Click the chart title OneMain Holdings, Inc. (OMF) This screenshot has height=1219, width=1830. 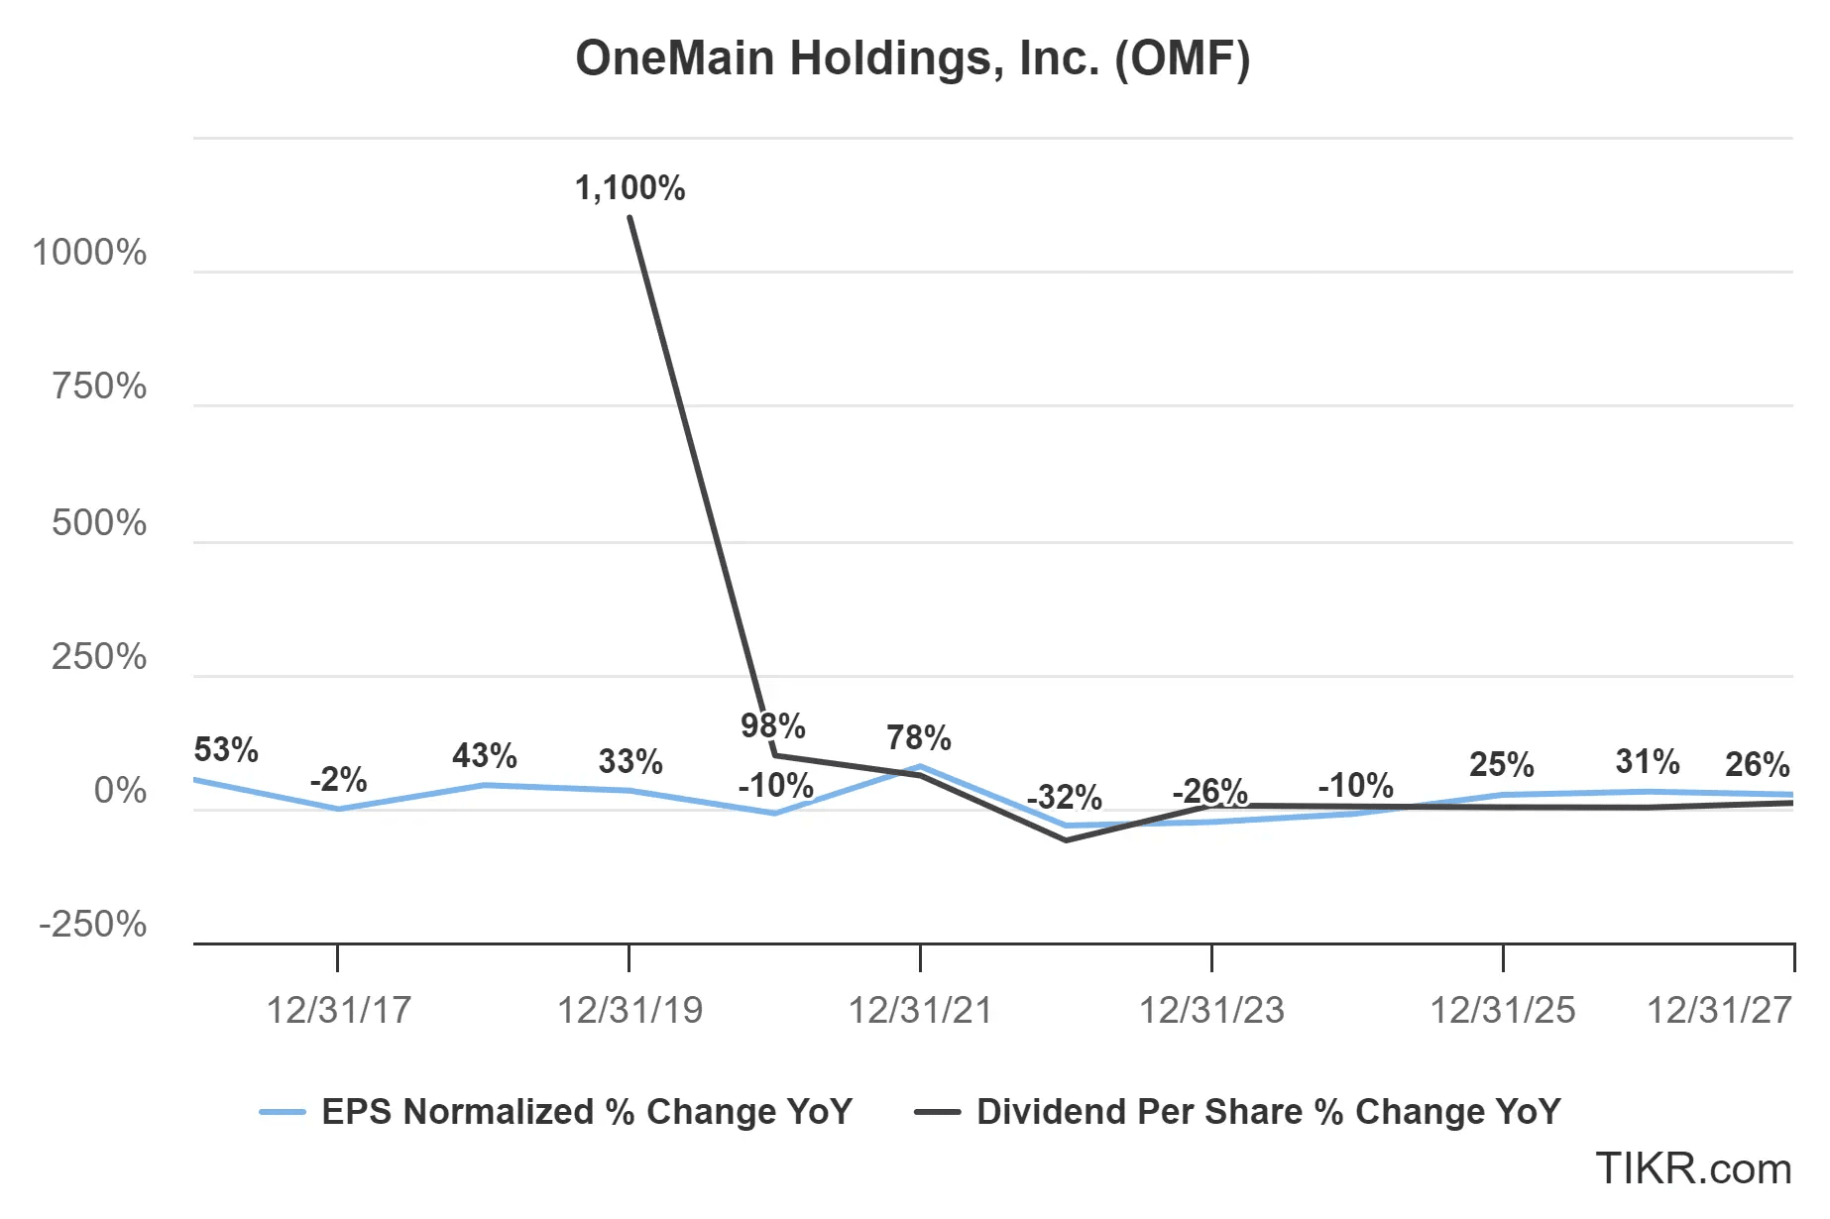913,58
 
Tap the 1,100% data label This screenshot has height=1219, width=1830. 629,187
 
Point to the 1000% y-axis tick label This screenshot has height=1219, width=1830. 89,253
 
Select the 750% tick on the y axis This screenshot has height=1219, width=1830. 99,387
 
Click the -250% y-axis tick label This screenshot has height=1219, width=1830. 92,925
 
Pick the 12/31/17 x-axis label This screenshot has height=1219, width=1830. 338,1010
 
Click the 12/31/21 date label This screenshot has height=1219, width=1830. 920,1010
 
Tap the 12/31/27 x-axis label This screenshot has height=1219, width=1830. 1719,1010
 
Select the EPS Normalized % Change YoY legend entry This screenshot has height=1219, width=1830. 586,1112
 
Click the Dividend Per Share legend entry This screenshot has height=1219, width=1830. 1268,1112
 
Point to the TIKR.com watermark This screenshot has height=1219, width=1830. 1693,1169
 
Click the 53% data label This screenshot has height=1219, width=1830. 226,750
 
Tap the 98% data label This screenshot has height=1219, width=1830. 773,725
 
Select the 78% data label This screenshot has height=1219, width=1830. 919,738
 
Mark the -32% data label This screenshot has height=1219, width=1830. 1064,797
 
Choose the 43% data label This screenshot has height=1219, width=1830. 485,756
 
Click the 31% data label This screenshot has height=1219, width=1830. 1648,762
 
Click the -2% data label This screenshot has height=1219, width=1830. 338,780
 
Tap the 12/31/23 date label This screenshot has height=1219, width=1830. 1211,1010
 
